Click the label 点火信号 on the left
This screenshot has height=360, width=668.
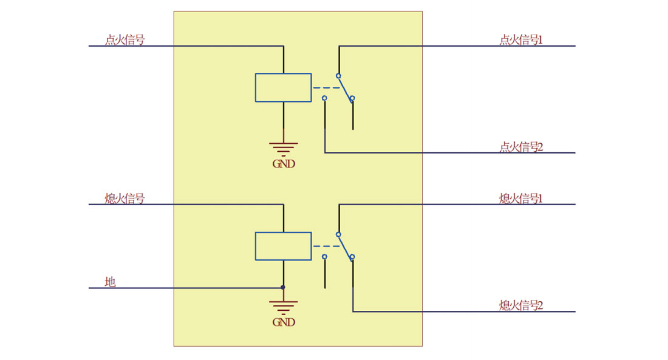tap(124, 40)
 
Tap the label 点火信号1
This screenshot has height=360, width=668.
tap(520, 40)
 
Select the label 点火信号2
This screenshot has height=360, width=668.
tap(520, 147)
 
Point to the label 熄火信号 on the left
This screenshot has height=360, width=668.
tap(124, 199)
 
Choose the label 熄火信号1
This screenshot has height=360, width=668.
tap(520, 199)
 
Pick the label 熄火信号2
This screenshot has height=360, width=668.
tap(520, 305)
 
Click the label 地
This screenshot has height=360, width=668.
tap(110, 282)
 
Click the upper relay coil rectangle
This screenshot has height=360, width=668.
tap(283, 87)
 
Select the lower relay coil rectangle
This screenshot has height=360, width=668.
tap(283, 246)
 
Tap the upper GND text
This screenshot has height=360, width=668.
tap(284, 163)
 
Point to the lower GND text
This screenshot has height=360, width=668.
tap(284, 322)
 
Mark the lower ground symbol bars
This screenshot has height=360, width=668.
tap(284, 306)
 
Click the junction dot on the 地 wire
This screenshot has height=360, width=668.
tap(283, 288)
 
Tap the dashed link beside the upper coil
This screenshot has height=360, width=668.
tap(326, 88)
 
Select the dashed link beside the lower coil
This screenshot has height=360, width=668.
tap(326, 246)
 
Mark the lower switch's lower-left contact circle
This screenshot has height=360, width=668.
tap(324, 257)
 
